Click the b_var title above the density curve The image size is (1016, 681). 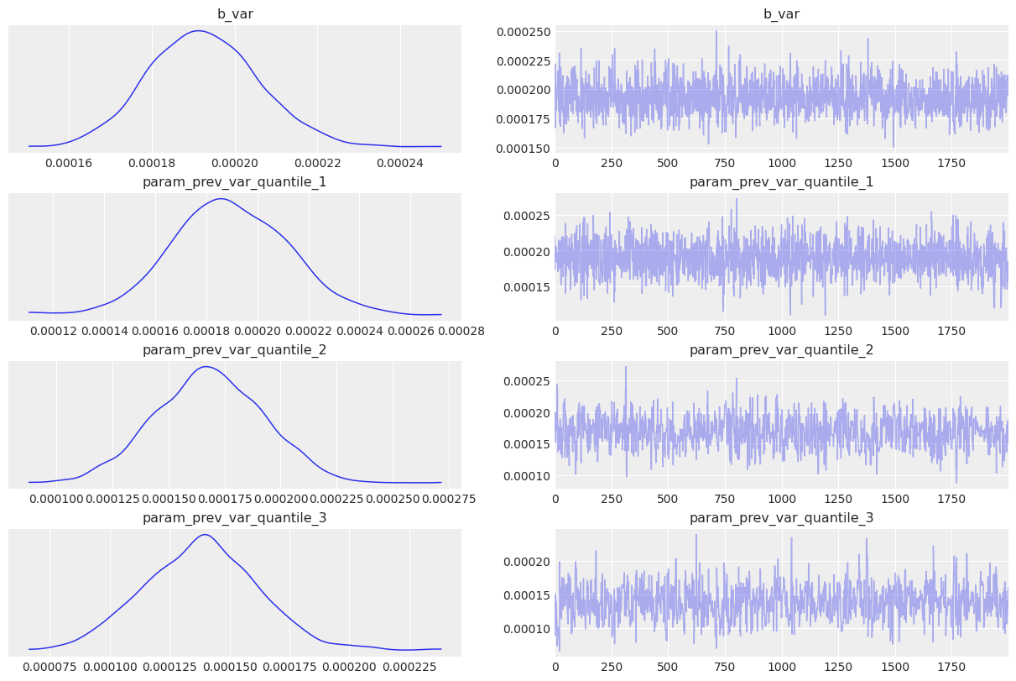235,14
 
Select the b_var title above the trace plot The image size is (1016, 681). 781,14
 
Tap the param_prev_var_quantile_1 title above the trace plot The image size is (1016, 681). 781,182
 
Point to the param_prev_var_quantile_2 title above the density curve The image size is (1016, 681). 235,350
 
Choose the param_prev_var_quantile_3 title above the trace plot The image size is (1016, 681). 781,518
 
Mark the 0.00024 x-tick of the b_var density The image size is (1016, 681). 400,163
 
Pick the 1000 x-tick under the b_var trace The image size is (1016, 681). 782,163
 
